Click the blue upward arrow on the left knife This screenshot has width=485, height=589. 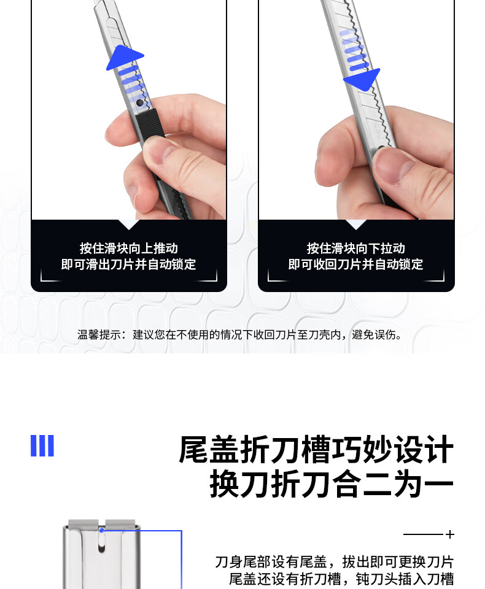(125, 58)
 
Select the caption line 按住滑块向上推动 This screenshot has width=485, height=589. (128, 248)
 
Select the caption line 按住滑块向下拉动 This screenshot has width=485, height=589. (355, 248)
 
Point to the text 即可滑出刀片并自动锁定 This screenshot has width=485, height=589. (128, 264)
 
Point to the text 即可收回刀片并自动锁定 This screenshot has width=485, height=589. (355, 264)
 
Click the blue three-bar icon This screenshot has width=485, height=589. (42, 446)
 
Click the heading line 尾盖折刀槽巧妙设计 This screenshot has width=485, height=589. (316, 449)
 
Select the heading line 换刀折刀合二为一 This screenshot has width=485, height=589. (332, 484)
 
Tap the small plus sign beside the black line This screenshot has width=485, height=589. (450, 534)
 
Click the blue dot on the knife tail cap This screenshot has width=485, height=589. (101, 530)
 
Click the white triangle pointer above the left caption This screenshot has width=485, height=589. (128, 225)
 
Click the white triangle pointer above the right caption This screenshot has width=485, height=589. (355, 225)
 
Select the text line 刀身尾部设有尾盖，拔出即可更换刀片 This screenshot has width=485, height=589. (334, 562)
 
